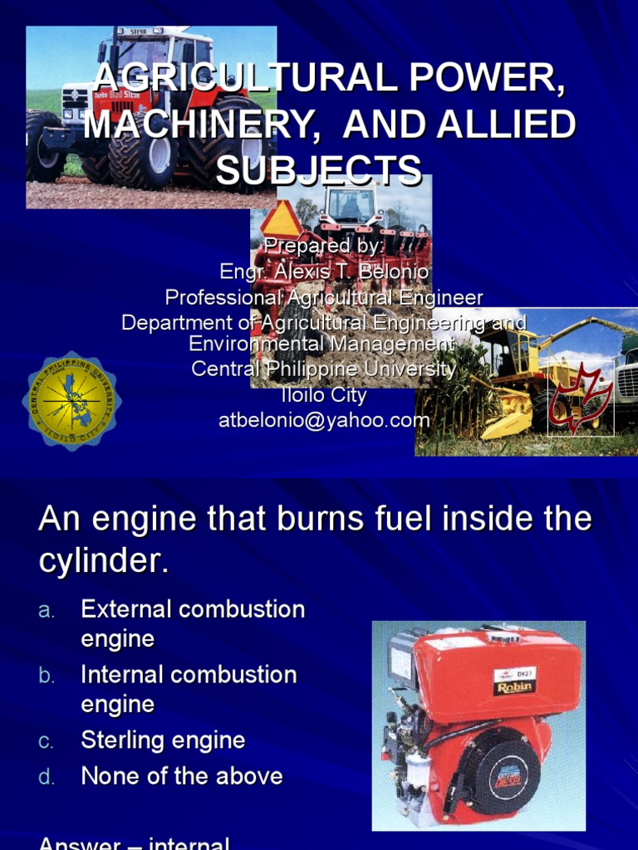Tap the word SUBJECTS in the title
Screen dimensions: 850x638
tap(319, 171)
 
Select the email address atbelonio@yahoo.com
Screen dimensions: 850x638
tap(324, 420)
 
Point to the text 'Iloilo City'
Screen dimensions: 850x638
tap(324, 395)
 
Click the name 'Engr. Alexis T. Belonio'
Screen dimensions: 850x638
tap(324, 271)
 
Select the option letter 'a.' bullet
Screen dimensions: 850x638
tap(47, 611)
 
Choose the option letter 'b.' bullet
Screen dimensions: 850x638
tap(47, 676)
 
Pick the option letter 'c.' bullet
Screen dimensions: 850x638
tap(47, 741)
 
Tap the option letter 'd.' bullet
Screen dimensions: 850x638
tap(47, 778)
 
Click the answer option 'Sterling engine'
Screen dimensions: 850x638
tap(163, 740)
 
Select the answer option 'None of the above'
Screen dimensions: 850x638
tap(182, 777)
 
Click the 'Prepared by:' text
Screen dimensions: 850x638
tap(324, 247)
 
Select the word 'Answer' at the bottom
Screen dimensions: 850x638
tap(79, 842)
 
